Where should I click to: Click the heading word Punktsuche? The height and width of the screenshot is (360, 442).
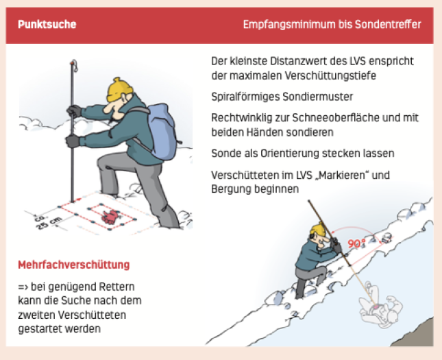pyautogui.click(x=47, y=24)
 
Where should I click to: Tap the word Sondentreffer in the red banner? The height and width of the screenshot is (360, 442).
pyautogui.click(x=388, y=24)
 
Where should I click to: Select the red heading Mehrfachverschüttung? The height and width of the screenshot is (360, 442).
pyautogui.click(x=73, y=265)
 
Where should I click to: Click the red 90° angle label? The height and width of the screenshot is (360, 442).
pyautogui.click(x=356, y=243)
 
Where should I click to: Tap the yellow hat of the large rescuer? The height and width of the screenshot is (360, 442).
pyautogui.click(x=119, y=89)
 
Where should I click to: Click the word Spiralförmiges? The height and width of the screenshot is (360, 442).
pyautogui.click(x=245, y=97)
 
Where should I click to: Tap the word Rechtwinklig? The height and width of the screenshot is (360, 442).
pyautogui.click(x=242, y=118)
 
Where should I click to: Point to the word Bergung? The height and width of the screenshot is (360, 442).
pyautogui.click(x=231, y=189)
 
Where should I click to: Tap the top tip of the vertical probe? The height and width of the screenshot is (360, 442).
pyautogui.click(x=73, y=61)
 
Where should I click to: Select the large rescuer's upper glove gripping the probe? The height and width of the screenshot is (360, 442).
pyautogui.click(x=74, y=111)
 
